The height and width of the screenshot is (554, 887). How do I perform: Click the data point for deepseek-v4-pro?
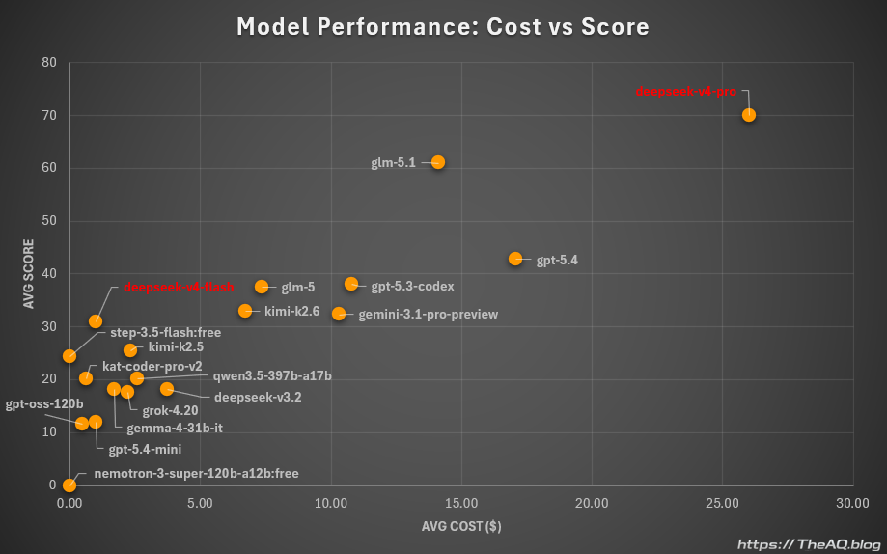click(x=749, y=115)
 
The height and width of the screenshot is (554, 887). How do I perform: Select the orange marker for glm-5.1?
click(x=438, y=162)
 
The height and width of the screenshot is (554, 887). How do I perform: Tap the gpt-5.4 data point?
click(x=515, y=259)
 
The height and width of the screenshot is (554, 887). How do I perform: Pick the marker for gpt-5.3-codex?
click(x=351, y=284)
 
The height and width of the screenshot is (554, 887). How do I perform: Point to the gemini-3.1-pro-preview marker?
click(x=339, y=314)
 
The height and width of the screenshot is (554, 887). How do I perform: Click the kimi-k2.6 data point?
click(x=245, y=311)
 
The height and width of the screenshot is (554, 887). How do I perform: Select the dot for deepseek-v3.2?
click(x=167, y=389)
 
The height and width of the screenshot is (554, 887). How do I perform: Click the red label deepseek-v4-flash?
click(x=179, y=287)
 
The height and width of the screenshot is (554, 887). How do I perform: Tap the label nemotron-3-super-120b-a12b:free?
click(x=196, y=473)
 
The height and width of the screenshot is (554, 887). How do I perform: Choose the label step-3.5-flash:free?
click(x=165, y=333)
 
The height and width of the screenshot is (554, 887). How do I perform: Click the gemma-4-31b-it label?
click(x=175, y=428)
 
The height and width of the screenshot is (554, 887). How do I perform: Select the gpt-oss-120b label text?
click(x=44, y=403)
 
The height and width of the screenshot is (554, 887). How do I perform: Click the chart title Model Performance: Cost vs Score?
click(x=443, y=27)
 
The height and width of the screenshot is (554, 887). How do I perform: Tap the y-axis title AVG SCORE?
click(x=28, y=273)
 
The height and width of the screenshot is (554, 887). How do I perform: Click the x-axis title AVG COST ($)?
click(x=461, y=527)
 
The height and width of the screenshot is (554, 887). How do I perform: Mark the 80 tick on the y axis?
click(x=49, y=63)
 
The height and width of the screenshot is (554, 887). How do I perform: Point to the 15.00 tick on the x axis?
click(x=461, y=503)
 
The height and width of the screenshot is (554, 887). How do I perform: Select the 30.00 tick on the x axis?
click(x=851, y=503)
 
